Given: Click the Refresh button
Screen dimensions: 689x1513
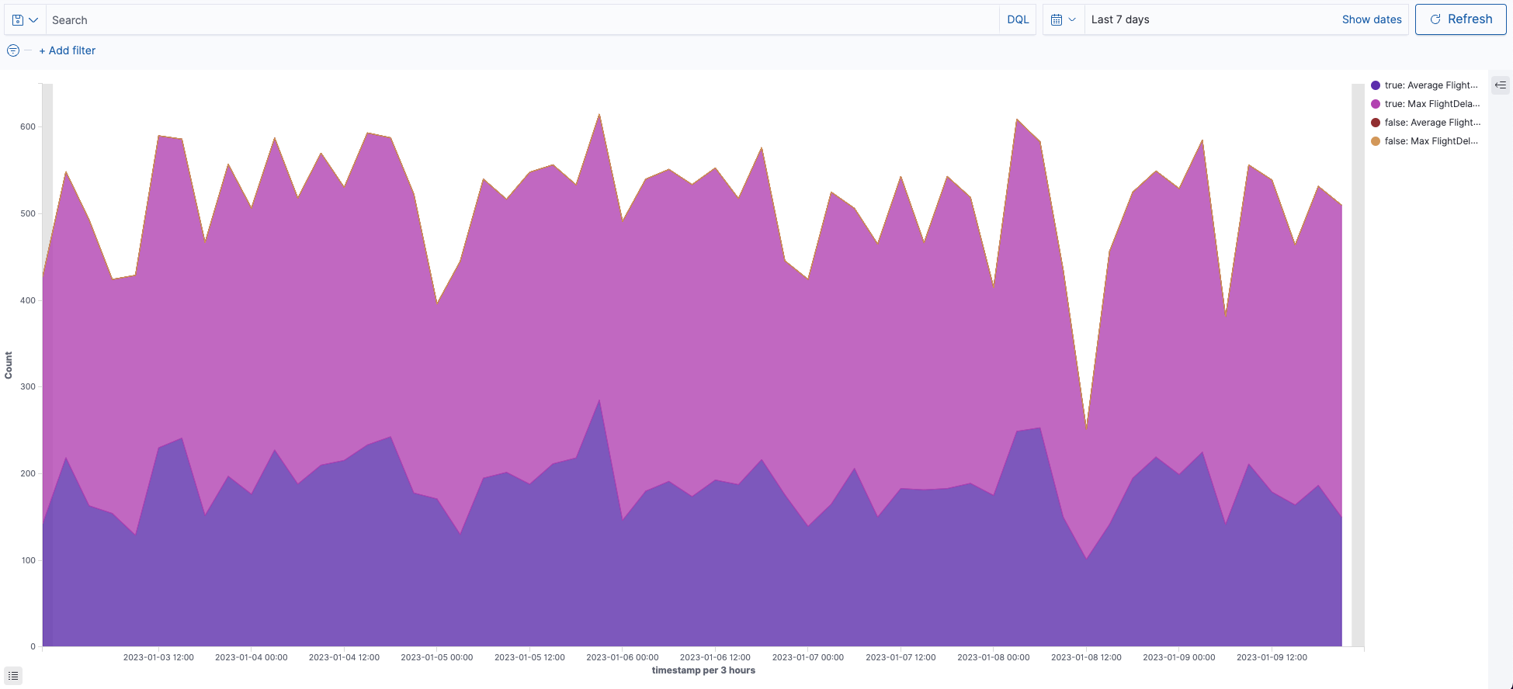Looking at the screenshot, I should (1460, 19).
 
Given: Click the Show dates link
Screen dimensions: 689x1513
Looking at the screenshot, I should (1371, 19).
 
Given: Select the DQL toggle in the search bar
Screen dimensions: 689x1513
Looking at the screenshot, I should (1017, 19).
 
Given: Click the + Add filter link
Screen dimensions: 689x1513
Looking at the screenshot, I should (68, 50).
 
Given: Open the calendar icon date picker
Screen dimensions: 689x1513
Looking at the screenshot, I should (1063, 19).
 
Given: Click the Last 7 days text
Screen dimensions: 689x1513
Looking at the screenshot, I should (1119, 19).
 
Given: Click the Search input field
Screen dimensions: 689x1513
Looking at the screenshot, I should (520, 19).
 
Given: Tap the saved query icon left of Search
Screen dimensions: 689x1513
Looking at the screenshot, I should (25, 19).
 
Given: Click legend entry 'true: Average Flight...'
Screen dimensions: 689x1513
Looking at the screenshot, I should (1431, 85).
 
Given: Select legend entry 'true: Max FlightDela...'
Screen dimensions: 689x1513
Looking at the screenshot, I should (1431, 104).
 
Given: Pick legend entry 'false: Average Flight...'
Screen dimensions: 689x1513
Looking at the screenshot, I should (1431, 123).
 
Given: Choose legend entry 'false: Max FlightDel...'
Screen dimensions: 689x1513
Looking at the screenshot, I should (1431, 141).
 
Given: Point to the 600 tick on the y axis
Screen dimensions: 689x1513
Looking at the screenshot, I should (28, 126).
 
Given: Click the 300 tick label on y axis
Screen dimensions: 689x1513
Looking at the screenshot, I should (28, 386).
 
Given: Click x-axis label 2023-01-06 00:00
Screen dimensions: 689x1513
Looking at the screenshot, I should (622, 657).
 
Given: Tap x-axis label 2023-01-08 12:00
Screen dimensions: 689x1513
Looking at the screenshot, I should (1085, 657).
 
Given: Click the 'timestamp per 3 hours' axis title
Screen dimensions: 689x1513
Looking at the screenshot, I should (703, 670).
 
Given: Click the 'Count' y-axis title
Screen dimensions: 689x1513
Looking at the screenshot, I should (9, 365).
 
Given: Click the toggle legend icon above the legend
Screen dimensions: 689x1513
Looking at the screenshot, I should (1500, 85).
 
